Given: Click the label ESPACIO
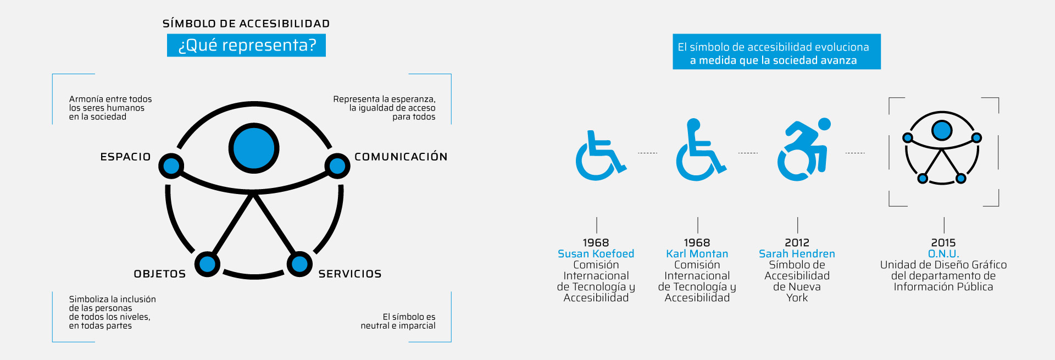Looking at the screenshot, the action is coord(125,157).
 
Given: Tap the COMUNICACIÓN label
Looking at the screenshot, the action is coord(401,157).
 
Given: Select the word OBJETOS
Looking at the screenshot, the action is coord(160,274).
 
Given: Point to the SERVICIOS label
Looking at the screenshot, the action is coord(350,274).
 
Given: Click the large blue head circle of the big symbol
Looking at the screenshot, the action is coord(254,148).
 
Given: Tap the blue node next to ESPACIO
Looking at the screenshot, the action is coord(171,166).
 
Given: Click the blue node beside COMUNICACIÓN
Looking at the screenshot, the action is coord(337,166).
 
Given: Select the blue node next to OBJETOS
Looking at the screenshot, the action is coord(208,264).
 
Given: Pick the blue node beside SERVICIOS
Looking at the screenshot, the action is coord(299,264).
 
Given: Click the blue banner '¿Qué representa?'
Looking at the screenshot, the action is coord(246,45).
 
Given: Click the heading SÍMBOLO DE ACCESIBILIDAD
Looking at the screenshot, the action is coord(246,24).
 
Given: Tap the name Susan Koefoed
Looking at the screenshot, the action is coord(596,254).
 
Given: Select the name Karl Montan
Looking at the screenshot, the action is coord(697,254).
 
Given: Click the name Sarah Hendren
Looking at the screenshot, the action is coord(797,254).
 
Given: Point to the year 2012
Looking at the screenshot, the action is coord(797,243).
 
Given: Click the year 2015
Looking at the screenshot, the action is coord(943,243).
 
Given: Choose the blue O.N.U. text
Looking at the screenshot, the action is coord(943,254).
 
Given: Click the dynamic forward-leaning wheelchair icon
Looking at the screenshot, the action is coord(803,149).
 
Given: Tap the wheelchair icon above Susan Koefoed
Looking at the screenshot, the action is coord(600,156).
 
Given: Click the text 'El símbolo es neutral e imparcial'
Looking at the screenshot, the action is coord(398,322).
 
